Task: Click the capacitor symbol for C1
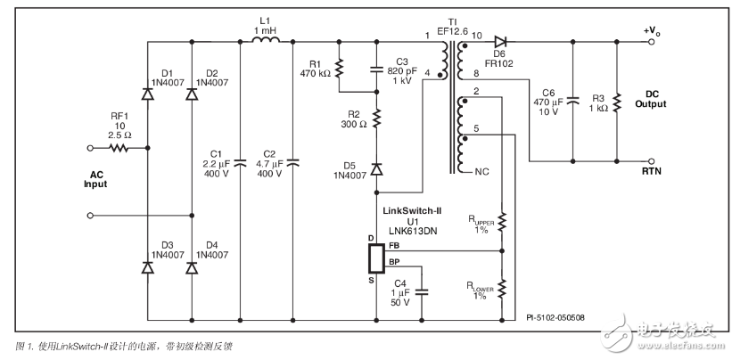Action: [x=243, y=162]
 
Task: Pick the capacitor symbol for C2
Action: [x=293, y=162]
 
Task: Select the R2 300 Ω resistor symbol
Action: [x=375, y=119]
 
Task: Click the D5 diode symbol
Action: [x=375, y=168]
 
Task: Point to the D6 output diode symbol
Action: [x=501, y=42]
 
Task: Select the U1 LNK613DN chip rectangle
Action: [x=375, y=258]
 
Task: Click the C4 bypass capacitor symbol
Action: [x=423, y=290]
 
